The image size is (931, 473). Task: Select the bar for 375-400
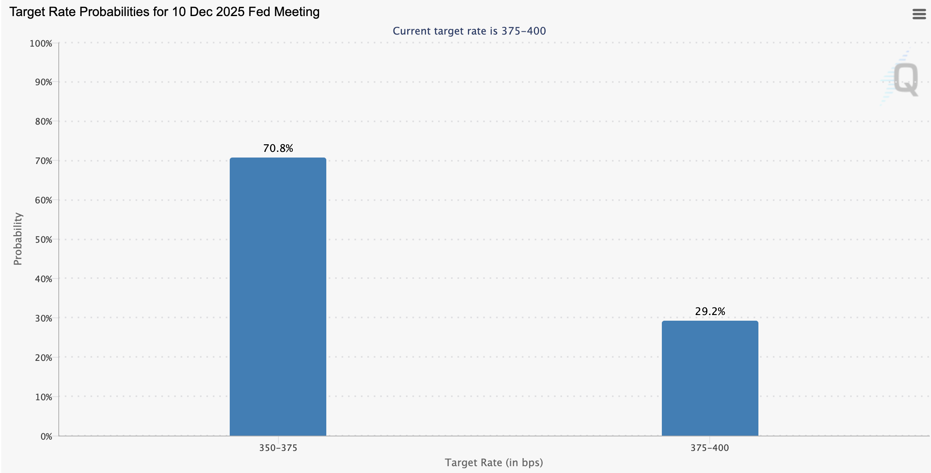tap(710, 378)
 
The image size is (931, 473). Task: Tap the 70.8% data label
tap(278, 148)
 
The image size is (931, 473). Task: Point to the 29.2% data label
tap(710, 311)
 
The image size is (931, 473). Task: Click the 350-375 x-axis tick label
tap(278, 448)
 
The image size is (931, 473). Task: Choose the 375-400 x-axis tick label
tap(710, 448)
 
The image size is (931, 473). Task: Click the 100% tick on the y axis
tap(41, 43)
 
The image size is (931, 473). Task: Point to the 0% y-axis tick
tap(46, 436)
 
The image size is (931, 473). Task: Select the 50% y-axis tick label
tap(43, 240)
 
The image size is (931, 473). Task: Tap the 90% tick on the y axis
tap(43, 82)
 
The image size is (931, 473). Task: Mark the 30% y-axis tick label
tap(43, 318)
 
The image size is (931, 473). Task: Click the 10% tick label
tap(43, 397)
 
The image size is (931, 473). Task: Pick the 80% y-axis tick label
tap(43, 121)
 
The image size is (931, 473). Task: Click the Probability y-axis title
tap(18, 239)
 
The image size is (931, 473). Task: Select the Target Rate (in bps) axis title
tap(494, 463)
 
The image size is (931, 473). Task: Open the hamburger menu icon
tap(919, 14)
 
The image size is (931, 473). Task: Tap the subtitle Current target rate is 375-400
tap(469, 31)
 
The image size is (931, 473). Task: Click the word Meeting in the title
tap(297, 12)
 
